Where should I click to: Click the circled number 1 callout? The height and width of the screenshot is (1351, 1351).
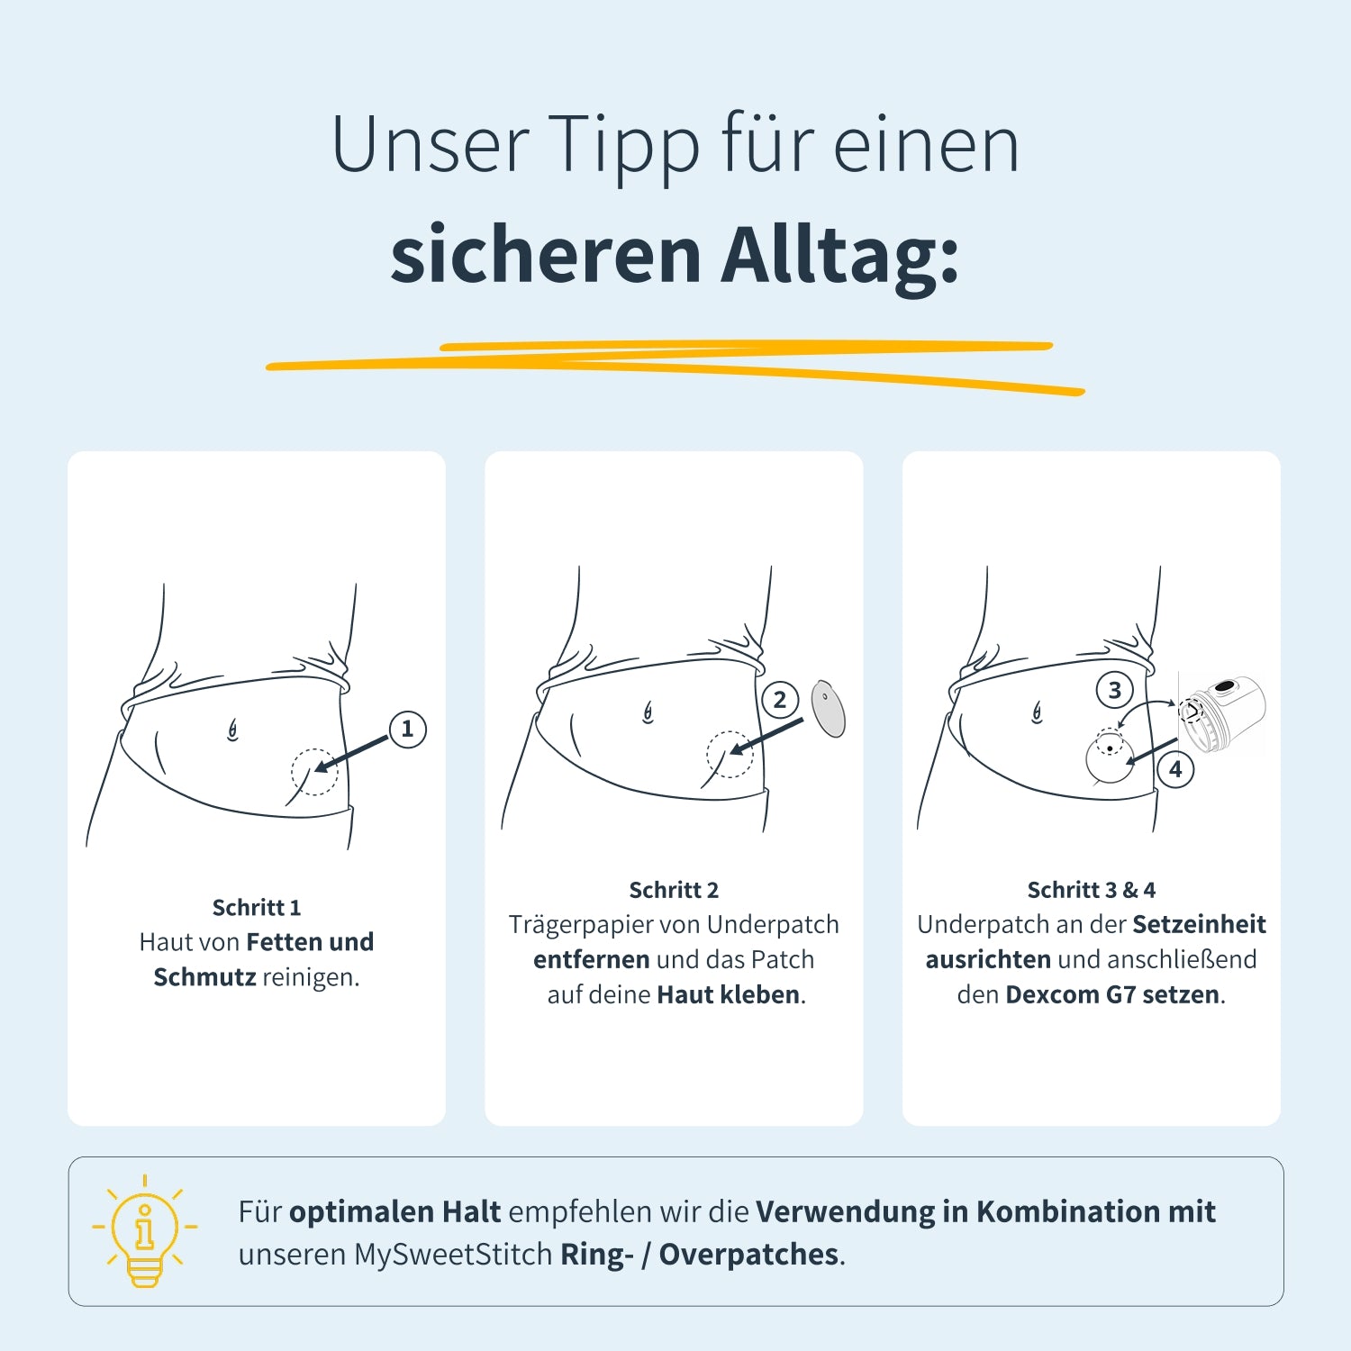[407, 729]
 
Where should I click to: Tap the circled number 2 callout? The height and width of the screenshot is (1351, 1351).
[780, 700]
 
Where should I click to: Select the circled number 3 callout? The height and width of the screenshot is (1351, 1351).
[1114, 690]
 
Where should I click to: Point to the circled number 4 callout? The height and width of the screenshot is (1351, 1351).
[1175, 769]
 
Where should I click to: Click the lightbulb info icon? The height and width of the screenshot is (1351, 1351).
[144, 1231]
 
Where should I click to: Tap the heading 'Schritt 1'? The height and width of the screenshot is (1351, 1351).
[257, 907]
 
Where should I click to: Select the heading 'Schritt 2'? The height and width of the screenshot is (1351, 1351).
[674, 890]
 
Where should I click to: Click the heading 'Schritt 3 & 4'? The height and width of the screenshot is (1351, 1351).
[1092, 890]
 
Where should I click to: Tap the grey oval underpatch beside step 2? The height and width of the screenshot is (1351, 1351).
[828, 708]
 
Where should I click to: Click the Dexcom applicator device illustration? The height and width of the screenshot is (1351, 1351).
[1222, 712]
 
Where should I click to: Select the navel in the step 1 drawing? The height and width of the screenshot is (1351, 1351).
[232, 730]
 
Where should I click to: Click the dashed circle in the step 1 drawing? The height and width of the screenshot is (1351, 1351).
[314, 772]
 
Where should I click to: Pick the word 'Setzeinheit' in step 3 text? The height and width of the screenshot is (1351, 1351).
[1199, 924]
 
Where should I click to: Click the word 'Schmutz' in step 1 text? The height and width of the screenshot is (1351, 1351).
[204, 976]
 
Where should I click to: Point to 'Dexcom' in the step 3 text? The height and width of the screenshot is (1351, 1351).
[1052, 994]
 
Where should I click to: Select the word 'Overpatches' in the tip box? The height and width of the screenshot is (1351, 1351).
[748, 1255]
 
